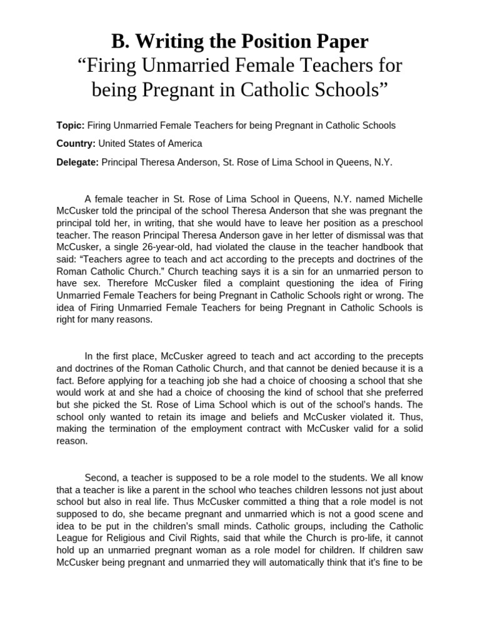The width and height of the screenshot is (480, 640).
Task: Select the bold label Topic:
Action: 70,125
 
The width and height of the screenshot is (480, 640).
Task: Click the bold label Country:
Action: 76,143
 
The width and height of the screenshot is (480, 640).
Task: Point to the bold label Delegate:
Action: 77,162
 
